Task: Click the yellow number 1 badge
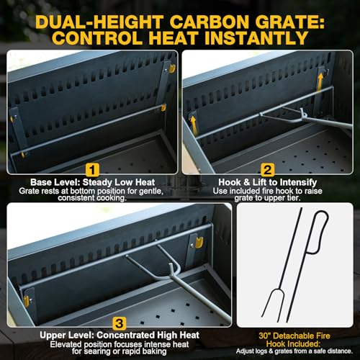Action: (x=92, y=170)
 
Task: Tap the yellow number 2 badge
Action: (x=268, y=170)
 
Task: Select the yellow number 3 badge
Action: (x=120, y=323)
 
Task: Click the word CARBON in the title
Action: (x=210, y=22)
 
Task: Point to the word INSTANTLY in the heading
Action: (x=255, y=38)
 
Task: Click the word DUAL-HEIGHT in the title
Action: (x=99, y=22)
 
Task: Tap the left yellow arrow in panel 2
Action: (x=194, y=124)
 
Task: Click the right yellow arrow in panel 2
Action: (x=320, y=82)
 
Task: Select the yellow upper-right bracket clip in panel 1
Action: (x=172, y=68)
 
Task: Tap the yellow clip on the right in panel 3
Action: (x=199, y=243)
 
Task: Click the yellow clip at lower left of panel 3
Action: (x=26, y=301)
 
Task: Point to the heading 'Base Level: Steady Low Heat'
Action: (x=92, y=182)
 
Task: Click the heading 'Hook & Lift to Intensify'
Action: (x=267, y=182)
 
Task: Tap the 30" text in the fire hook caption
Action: (x=265, y=336)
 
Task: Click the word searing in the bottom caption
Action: (x=102, y=352)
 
